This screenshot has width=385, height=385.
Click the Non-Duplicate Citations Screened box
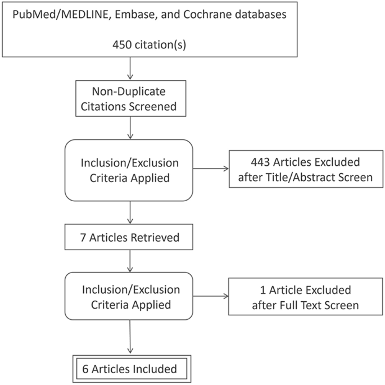[130, 96]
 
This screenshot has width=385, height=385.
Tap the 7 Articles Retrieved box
[130, 237]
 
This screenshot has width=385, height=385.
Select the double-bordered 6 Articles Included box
[130, 369]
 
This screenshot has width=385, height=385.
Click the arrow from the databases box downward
[130, 67]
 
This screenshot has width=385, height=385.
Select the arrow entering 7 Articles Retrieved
[130, 212]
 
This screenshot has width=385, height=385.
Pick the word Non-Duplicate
[130, 89]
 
